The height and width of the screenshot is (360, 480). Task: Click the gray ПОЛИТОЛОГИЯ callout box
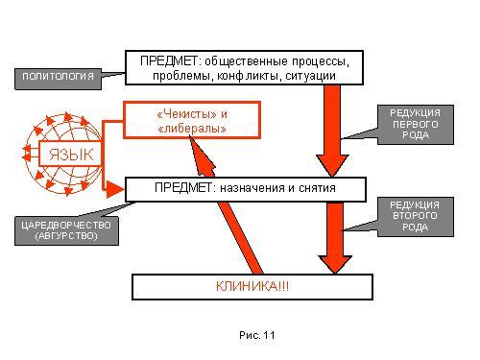[x=59, y=79]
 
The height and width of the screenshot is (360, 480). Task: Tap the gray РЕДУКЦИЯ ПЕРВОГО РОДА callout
[x=416, y=125]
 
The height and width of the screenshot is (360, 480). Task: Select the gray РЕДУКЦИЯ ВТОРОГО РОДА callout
[x=416, y=217]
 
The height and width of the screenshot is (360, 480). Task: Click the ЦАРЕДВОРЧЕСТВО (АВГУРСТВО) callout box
[x=66, y=231]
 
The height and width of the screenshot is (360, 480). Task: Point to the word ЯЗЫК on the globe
[x=71, y=155]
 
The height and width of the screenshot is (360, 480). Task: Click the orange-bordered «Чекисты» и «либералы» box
[x=192, y=120]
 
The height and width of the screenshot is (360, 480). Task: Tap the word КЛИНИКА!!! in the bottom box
[x=252, y=286]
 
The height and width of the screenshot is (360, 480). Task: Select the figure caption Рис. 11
[x=256, y=335]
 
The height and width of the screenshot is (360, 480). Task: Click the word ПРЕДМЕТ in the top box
[x=169, y=60]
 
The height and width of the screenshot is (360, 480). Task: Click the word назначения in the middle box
[x=252, y=188]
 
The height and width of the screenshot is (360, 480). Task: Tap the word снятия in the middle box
[x=317, y=188]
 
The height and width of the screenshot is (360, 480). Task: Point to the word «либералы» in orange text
[x=192, y=129]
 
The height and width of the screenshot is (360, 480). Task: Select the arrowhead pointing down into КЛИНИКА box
[x=335, y=265]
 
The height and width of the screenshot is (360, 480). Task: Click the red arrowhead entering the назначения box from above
[x=332, y=166]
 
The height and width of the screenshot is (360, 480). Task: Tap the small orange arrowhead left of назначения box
[x=114, y=189]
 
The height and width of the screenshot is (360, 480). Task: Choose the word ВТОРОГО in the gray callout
[x=415, y=216]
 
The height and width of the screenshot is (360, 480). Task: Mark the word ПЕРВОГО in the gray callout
[x=416, y=124]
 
